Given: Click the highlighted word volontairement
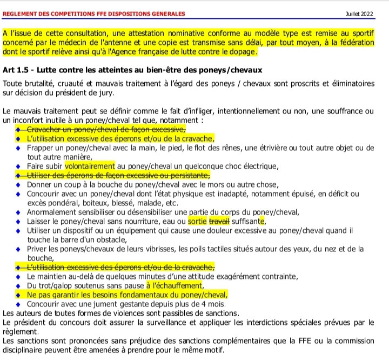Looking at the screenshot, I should pyautogui.click(x=90, y=166).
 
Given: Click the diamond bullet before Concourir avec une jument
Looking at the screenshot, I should pyautogui.click(x=18, y=304).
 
